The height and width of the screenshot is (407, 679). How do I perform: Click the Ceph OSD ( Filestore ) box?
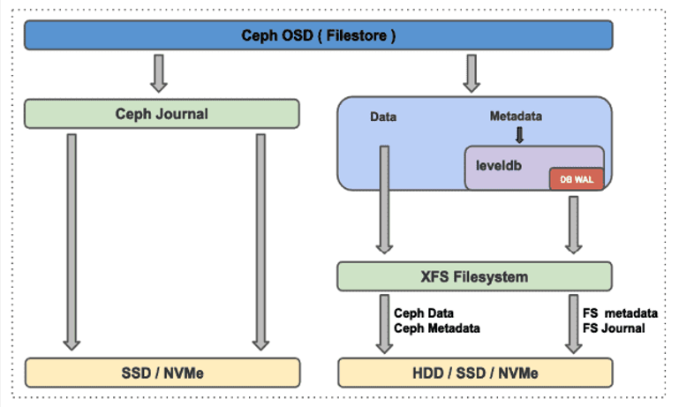[318, 35]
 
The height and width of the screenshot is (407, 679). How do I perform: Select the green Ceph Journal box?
[162, 113]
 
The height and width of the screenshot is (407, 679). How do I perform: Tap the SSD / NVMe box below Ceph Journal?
[162, 372]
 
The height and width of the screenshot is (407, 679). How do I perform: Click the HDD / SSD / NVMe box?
[474, 372]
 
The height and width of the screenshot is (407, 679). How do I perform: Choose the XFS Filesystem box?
[474, 276]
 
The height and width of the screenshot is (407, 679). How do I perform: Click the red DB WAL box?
[577, 179]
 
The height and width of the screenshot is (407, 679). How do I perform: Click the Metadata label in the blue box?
[516, 117]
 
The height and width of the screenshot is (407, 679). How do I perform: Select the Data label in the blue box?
[382, 117]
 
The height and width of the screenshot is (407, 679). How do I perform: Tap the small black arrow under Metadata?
[519, 135]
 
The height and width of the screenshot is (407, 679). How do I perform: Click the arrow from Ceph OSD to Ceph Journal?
[159, 73]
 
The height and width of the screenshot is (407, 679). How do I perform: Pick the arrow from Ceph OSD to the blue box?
[472, 73]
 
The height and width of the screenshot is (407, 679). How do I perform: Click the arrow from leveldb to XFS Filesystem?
[574, 224]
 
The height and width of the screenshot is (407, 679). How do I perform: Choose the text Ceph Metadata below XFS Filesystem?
[437, 328]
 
